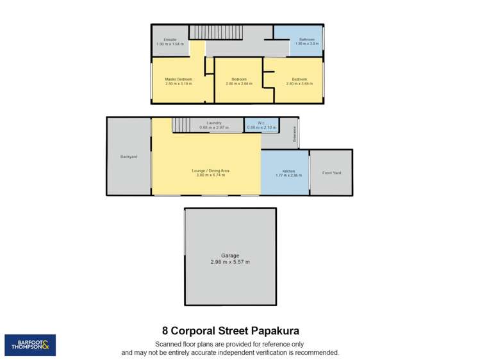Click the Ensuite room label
(170, 40)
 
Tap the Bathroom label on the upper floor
(307, 40)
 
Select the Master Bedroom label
(179, 79)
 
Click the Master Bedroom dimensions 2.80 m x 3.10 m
(179, 84)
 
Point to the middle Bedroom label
(238, 79)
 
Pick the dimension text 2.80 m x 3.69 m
(299, 84)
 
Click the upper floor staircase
(217, 31)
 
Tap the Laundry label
(213, 123)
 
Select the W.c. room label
(261, 123)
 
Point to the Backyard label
(128, 157)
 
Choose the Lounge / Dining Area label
(210, 170)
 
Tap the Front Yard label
(331, 173)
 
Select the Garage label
(230, 256)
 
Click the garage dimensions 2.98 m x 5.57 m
(230, 262)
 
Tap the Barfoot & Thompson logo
(30, 345)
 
